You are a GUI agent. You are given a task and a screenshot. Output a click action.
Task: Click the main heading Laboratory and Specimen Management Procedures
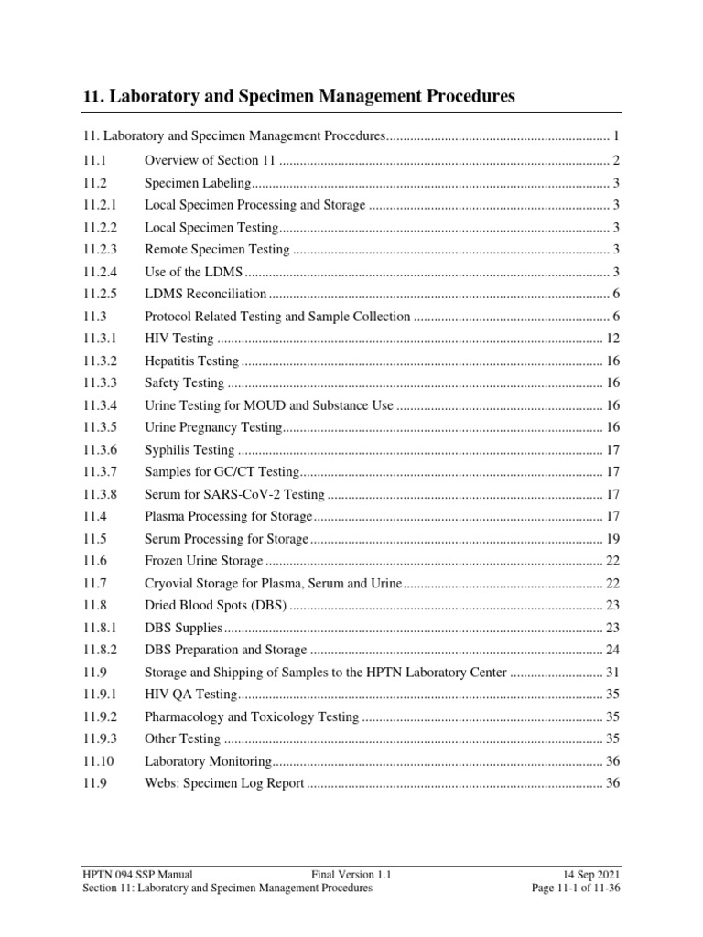299,95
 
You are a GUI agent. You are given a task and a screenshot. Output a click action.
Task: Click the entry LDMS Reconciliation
205,294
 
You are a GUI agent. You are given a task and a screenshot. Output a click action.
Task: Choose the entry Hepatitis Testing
191,361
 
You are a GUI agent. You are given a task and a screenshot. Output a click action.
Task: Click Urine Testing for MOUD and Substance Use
269,405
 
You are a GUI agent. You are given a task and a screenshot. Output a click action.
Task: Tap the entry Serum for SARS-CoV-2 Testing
234,494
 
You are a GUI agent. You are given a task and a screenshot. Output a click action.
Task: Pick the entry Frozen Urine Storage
203,561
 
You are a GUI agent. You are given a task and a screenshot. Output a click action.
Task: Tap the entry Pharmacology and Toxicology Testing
252,716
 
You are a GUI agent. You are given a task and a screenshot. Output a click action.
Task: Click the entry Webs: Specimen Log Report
224,783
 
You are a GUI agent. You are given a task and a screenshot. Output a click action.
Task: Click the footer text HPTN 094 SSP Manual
137,874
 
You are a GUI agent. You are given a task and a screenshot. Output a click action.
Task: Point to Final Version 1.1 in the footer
351,874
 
